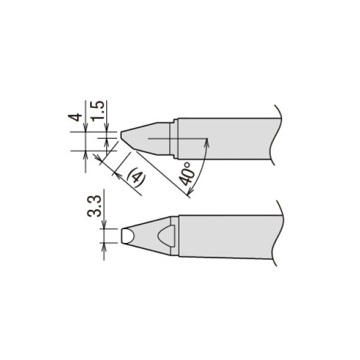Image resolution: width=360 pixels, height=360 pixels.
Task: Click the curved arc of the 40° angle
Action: [x=202, y=168]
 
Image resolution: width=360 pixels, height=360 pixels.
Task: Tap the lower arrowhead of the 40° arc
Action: [x=191, y=191]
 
